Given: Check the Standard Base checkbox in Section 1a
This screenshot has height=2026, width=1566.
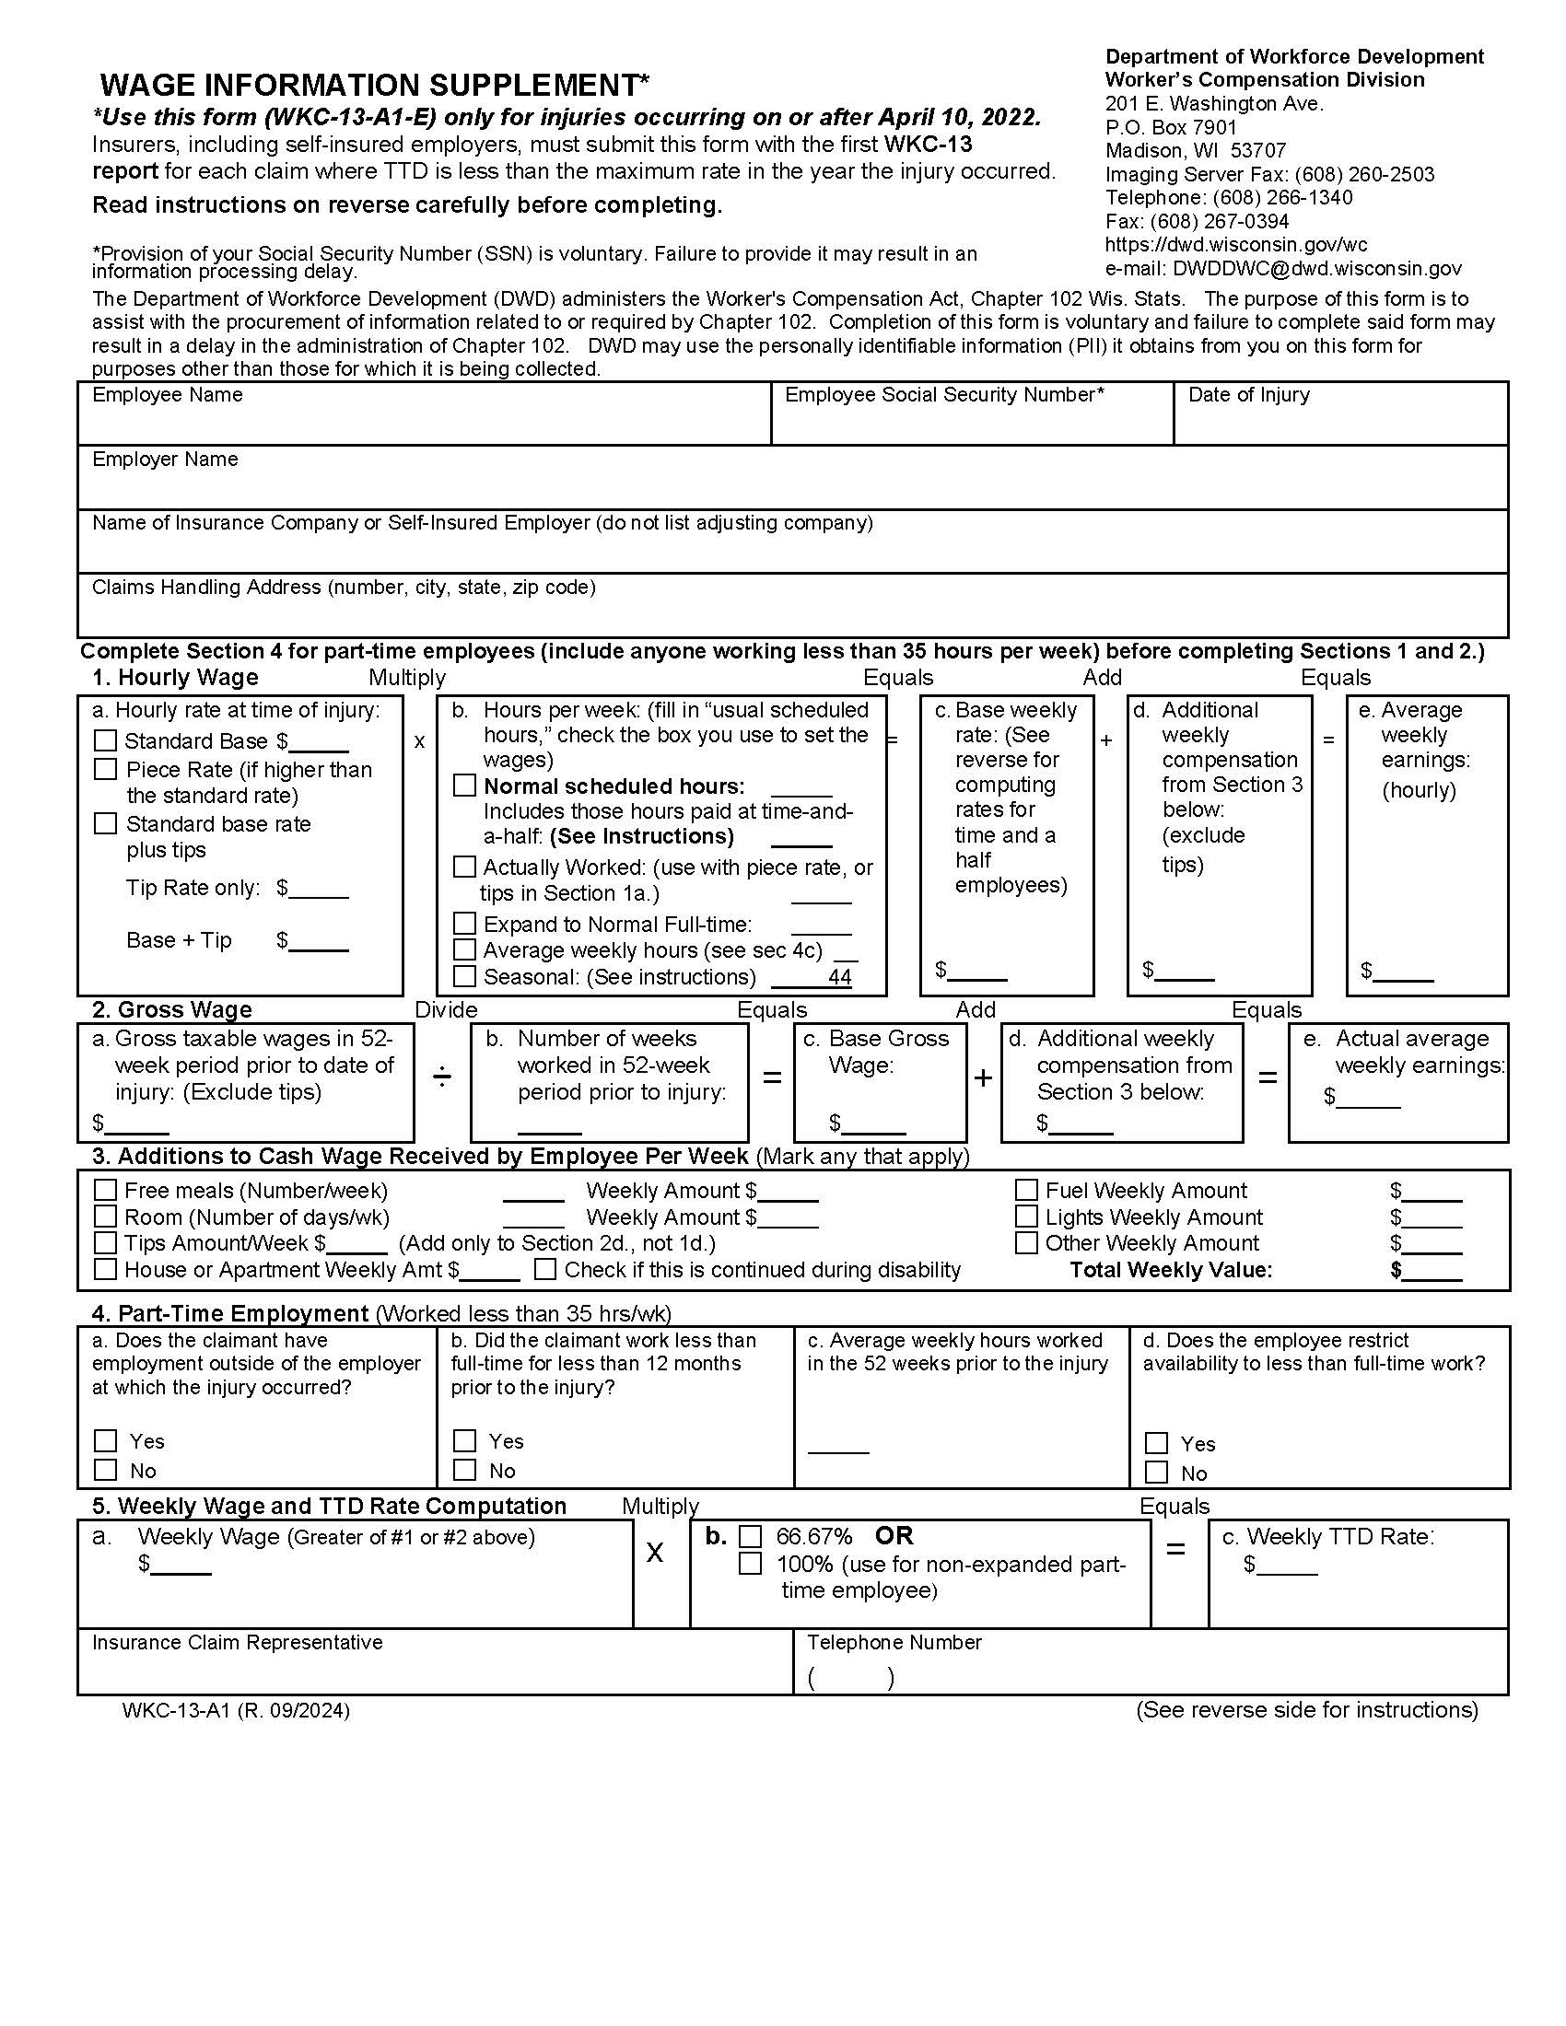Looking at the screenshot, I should click(x=106, y=740).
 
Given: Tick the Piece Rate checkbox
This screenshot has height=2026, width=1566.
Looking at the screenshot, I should click(x=106, y=769).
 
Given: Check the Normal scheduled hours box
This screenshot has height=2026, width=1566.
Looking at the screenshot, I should click(x=464, y=786).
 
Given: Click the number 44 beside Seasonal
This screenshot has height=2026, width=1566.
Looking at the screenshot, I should click(x=839, y=976).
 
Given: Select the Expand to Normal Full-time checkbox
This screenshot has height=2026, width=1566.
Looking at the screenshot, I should click(x=464, y=924).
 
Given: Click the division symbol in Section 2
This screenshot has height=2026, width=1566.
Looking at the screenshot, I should click(x=442, y=1077).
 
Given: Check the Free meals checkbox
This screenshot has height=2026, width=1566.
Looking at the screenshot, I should click(x=106, y=1190).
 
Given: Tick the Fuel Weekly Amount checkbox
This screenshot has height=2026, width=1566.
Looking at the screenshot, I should click(x=1026, y=1190).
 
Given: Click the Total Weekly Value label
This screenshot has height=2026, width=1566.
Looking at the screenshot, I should click(x=1171, y=1270).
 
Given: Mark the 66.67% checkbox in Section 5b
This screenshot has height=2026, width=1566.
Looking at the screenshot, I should click(x=750, y=1537).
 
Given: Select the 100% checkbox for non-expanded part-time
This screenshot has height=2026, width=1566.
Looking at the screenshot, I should click(x=750, y=1564).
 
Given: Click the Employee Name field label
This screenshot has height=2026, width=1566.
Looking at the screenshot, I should click(x=167, y=395).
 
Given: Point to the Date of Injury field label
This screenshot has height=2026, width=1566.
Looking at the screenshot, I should click(x=1249, y=395).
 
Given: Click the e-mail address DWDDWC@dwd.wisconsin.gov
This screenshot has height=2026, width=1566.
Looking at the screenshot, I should click(x=1316, y=269).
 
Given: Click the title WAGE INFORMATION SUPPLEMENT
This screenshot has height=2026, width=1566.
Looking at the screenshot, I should click(x=375, y=86).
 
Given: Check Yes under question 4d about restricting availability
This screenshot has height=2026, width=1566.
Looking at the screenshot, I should click(x=1156, y=1443).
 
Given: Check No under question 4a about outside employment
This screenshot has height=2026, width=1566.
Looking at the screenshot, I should click(x=106, y=1471).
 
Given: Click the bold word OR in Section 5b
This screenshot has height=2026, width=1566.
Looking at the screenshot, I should click(x=894, y=1536).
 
